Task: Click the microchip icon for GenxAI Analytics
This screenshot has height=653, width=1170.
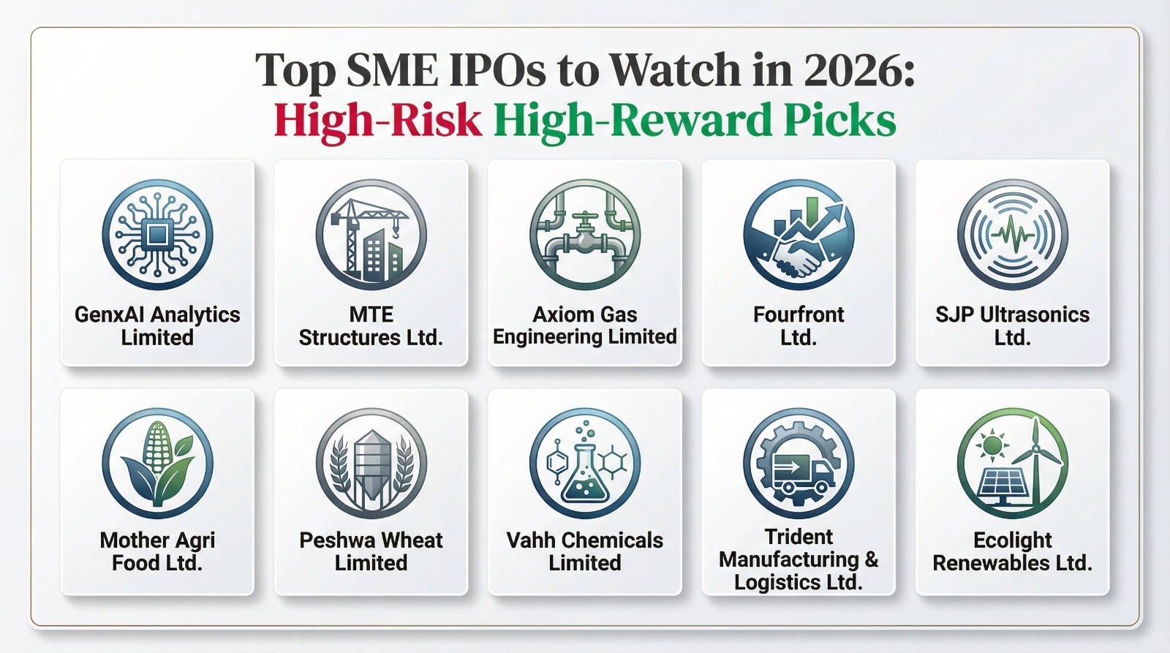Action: coord(157,235)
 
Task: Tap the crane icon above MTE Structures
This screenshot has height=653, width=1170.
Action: coord(371,235)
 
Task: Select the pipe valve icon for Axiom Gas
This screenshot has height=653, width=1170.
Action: coord(585,235)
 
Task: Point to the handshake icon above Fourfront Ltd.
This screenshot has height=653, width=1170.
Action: coord(799,235)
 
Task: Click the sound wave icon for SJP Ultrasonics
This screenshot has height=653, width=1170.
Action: coord(1013,235)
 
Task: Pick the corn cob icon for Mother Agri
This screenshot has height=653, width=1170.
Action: coord(157,463)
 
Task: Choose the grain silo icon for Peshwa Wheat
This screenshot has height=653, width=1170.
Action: coord(371,463)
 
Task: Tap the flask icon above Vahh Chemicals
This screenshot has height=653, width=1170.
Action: coord(585,463)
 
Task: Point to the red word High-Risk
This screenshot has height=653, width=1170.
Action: coord(377,121)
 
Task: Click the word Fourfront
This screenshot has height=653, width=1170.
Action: coord(799,314)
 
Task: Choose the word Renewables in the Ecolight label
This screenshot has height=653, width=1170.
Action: coord(984,563)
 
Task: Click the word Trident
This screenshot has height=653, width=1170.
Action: coord(799,537)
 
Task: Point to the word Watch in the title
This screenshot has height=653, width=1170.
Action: coord(675,71)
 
